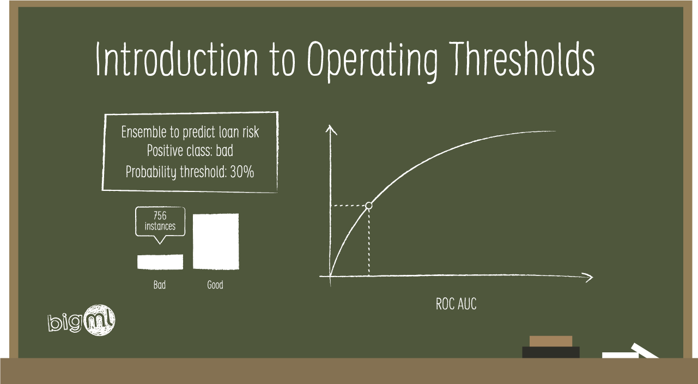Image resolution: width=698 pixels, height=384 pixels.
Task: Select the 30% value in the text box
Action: pos(242,172)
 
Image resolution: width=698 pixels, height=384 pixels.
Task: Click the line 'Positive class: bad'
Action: pos(190,152)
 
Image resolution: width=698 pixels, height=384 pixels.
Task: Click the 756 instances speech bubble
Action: pos(160,221)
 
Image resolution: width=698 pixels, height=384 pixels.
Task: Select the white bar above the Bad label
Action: pos(160,262)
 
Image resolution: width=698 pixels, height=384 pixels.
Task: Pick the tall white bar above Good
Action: pos(216,241)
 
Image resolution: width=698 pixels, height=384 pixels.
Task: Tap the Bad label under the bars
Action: pos(159,285)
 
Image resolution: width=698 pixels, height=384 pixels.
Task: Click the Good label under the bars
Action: pos(215,285)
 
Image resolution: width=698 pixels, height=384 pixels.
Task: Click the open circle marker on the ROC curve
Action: pos(369,206)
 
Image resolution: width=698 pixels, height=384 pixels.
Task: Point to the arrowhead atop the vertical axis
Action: pos(331,129)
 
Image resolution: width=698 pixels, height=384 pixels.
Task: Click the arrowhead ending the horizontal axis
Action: pos(588,277)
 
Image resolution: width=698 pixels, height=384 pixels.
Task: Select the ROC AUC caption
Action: pos(456,304)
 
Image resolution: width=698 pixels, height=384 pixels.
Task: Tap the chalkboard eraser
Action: pos(551,347)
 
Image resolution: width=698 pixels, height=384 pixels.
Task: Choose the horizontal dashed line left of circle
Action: pos(349,206)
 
